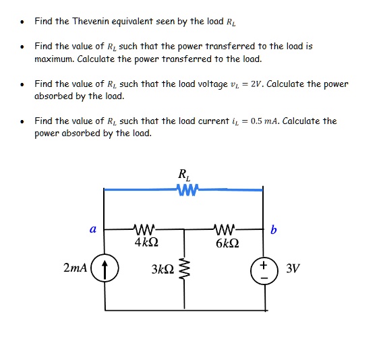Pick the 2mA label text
tap(75, 268)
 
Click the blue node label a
tap(92, 229)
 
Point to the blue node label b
tap(272, 230)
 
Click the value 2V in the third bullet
tap(297, 84)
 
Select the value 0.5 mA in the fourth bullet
tap(266, 121)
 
